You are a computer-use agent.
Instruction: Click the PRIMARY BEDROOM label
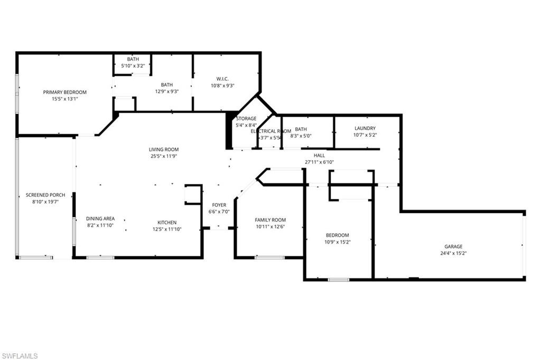click(x=65, y=92)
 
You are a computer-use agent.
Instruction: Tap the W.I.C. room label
click(x=222, y=79)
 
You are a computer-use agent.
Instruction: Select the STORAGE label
click(x=246, y=118)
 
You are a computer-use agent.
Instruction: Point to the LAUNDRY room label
click(x=365, y=128)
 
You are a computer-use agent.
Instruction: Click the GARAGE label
click(x=453, y=246)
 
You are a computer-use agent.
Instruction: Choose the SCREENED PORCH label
click(x=45, y=195)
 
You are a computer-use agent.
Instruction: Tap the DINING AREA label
click(x=100, y=218)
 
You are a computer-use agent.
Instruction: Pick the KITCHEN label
click(x=167, y=223)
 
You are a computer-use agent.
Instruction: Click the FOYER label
click(x=219, y=205)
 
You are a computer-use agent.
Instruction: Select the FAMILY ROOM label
click(x=270, y=220)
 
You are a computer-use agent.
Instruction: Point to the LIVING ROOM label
click(x=164, y=150)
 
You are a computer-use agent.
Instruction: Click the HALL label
click(x=320, y=155)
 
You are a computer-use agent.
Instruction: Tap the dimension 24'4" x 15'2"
click(x=453, y=253)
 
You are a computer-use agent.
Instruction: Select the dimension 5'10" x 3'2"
click(x=133, y=66)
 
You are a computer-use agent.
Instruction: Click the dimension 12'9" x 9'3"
click(x=167, y=91)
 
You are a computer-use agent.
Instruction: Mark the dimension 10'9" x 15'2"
click(x=337, y=242)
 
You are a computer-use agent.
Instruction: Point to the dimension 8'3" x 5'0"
click(x=301, y=136)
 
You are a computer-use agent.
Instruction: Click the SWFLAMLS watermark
click(x=20, y=356)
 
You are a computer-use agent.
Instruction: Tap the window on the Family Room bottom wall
click(x=269, y=257)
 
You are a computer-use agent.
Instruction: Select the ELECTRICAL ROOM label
click(x=271, y=131)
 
